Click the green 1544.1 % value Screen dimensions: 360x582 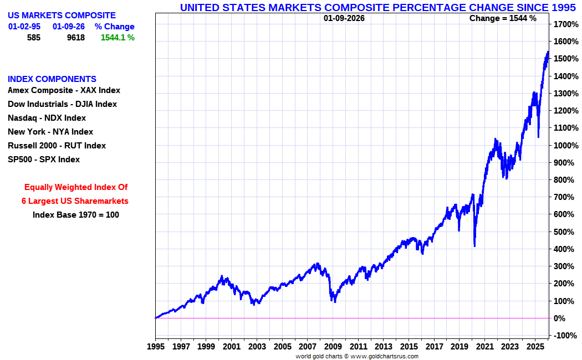[118, 38]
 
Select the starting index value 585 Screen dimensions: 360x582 [34, 38]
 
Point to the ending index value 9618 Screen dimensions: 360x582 [75, 38]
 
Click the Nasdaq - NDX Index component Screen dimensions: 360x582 [47, 118]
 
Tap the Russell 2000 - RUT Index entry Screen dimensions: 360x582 [57, 146]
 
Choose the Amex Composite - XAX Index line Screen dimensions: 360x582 [64, 90]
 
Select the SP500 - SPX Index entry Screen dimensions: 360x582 [44, 160]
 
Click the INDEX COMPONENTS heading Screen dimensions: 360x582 [52, 79]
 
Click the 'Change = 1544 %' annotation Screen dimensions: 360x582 [503, 18]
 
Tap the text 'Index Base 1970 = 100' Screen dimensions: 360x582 [76, 215]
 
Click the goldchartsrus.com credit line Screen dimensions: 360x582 [357, 356]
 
